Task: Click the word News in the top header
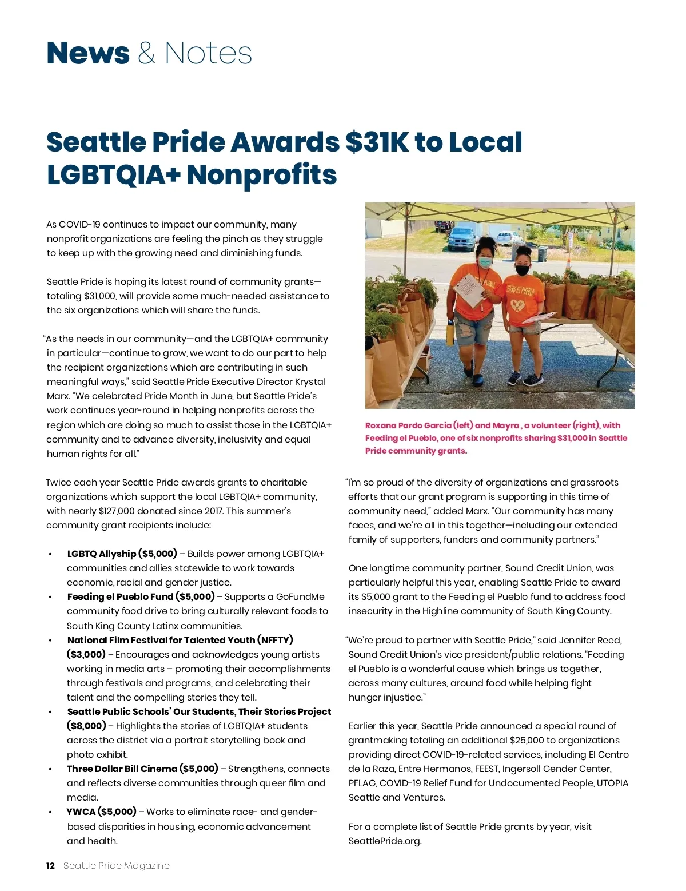pos(88,53)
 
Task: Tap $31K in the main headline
pos(377,142)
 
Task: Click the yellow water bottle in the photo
pos(451,333)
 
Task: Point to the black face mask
pos(523,270)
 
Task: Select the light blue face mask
pos(485,262)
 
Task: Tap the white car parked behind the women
pos(509,237)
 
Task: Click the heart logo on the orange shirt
pos(519,306)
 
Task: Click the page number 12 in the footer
pos(50,865)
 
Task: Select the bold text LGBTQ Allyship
pos(101,554)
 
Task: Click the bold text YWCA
pos(81,812)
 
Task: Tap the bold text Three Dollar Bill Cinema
pos(122,769)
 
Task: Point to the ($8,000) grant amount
pos(86,726)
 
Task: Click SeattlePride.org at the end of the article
pos(384,841)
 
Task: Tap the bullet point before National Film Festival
pos(50,641)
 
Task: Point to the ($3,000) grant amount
pos(86,654)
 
